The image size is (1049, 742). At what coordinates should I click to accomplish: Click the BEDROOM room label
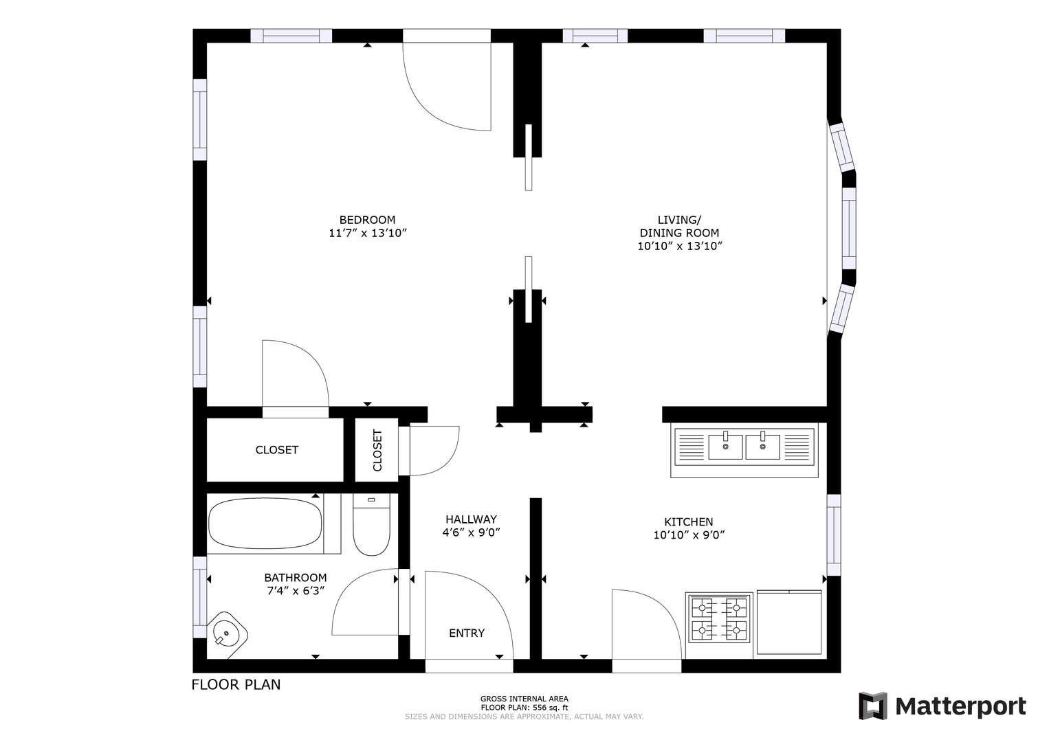[367, 220]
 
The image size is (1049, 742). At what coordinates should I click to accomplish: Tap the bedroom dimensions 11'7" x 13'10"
[368, 233]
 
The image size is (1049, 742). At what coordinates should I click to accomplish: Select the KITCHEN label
[688, 521]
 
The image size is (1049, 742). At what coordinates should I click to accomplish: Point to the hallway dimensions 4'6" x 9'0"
[471, 532]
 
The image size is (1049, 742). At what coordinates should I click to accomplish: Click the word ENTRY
[467, 633]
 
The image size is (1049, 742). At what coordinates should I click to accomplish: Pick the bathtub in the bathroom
[265, 523]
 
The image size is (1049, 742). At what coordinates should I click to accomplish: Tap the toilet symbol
[371, 526]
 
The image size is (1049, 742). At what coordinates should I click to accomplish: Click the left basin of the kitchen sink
[725, 447]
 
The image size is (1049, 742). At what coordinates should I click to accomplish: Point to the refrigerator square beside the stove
[790, 622]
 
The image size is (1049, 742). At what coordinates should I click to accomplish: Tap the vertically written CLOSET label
[377, 450]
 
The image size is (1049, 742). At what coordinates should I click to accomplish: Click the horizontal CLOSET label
[277, 450]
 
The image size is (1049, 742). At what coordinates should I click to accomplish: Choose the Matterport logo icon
[873, 706]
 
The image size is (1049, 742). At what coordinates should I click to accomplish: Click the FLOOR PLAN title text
[236, 684]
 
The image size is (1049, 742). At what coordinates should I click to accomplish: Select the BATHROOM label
[296, 578]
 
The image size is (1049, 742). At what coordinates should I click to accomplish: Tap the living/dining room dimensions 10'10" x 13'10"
[680, 246]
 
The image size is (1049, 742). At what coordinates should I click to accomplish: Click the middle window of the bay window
[849, 229]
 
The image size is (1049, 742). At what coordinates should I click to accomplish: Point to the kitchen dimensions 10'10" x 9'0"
[689, 535]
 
